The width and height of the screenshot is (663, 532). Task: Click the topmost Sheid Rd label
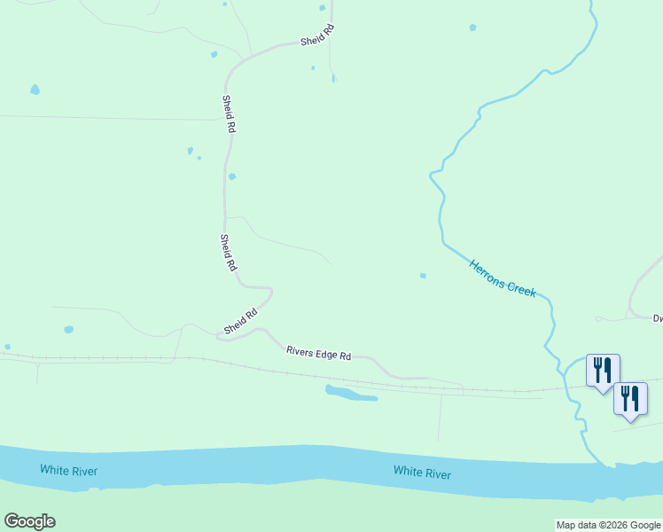tap(316, 36)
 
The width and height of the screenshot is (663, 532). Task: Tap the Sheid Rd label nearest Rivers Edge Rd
tap(240, 320)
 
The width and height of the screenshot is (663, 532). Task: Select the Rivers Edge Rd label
tap(319, 352)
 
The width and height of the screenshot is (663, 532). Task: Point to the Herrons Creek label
tap(503, 278)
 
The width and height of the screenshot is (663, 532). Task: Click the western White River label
tap(68, 469)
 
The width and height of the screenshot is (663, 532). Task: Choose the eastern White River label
tap(422, 473)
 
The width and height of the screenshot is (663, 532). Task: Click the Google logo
tap(29, 521)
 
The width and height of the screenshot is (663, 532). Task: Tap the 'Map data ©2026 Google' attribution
tap(609, 525)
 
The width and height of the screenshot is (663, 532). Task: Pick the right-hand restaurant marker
tap(630, 399)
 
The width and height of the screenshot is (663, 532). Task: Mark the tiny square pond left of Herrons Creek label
tap(423, 276)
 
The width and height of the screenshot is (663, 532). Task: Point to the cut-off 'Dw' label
tap(658, 317)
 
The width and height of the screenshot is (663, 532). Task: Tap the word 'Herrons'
tap(488, 270)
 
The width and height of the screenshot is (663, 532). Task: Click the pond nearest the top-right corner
tap(472, 27)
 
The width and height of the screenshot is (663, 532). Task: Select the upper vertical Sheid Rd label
tap(229, 113)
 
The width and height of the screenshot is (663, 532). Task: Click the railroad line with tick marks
tap(133, 359)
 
